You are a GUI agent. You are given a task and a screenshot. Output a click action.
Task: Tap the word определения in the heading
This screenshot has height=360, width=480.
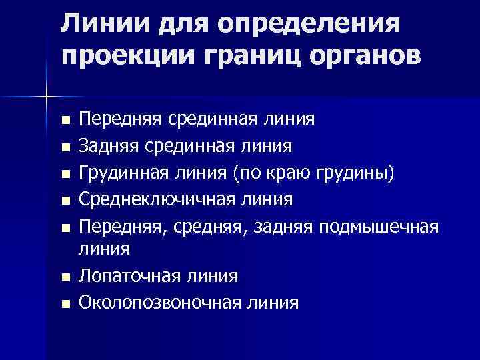pos(307,25)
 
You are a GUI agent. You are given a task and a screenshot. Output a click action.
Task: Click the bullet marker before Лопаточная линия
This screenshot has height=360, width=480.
pos(65,277)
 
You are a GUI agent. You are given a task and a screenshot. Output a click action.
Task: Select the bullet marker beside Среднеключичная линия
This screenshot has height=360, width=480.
pos(65,199)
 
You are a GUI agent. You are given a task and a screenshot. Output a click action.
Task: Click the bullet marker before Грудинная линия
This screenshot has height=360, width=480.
pos(65,173)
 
